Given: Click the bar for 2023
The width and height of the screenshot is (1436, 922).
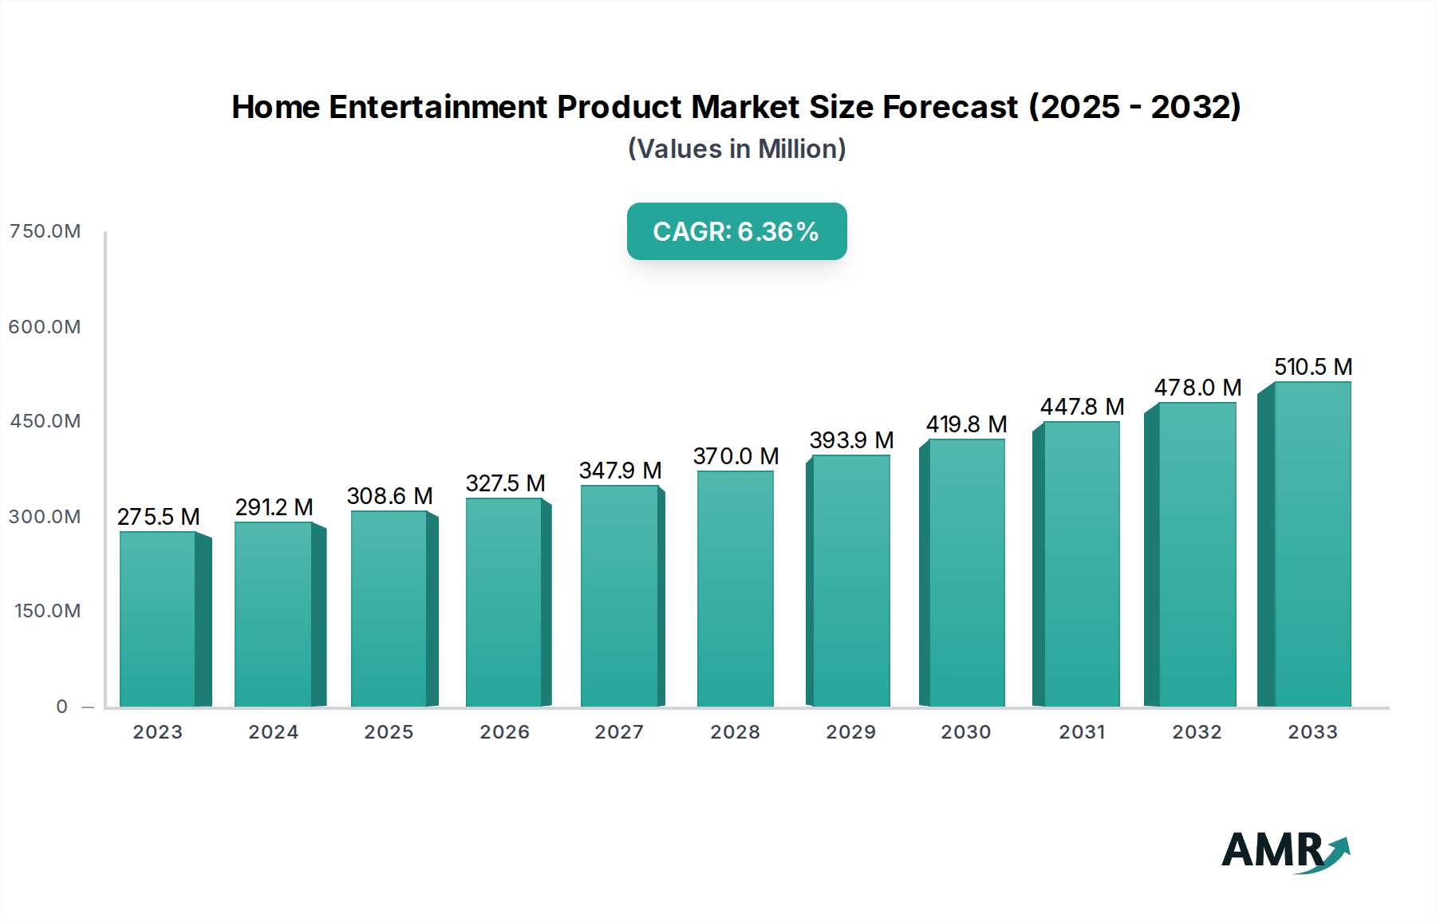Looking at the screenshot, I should (158, 619).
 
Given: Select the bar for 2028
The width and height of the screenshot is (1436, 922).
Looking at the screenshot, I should (735, 589).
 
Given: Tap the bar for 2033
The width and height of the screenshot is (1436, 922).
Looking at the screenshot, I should (1312, 544).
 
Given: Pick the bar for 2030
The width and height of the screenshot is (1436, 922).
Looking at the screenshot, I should (966, 573).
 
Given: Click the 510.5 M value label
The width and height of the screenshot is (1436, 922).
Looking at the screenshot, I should (1312, 367).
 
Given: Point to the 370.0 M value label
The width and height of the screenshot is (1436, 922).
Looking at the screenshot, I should (736, 456).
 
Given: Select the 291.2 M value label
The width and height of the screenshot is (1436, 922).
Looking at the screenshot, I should (274, 507).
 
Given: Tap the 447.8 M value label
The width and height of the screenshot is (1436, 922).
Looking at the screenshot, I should (1082, 407).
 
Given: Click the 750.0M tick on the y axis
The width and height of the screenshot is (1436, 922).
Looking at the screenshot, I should (45, 231).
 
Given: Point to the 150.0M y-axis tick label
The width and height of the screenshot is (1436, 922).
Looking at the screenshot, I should (47, 611).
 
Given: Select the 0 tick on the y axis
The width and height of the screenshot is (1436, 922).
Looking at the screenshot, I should (61, 707).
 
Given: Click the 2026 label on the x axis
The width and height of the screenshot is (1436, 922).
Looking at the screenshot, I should (504, 732).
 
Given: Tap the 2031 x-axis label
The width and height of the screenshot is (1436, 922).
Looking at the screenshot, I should (1082, 732).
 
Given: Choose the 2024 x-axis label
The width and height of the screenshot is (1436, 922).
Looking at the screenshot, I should (273, 732).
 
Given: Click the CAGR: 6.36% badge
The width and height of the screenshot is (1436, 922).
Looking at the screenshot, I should (736, 231).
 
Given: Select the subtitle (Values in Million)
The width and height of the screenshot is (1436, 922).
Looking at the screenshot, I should (736, 149).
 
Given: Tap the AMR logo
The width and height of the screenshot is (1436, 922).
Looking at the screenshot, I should (1284, 850).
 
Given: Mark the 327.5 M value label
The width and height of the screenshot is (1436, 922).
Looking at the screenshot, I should (505, 483).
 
